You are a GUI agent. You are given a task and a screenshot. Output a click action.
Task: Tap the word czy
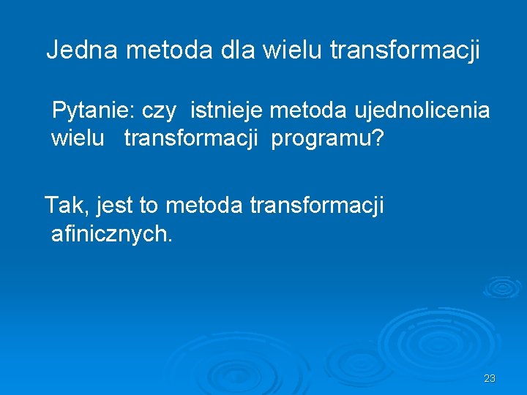pos(159,112)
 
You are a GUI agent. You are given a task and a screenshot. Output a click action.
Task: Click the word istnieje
pos(227,111)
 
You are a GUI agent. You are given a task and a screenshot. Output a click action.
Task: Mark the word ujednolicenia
pos(422,111)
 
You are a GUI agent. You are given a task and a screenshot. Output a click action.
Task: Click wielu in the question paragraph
pos(77,138)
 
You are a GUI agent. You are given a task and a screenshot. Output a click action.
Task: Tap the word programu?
pos(327,139)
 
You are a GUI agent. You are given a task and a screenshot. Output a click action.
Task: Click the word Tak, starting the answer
pos(67,206)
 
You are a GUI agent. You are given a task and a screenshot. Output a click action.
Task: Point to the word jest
pos(116,206)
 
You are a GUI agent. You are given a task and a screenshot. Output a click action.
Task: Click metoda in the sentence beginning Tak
pos(204,206)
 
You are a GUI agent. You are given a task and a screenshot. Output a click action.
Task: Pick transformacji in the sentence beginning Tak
pos(316,206)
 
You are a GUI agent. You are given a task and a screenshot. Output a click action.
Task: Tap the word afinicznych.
pos(112,234)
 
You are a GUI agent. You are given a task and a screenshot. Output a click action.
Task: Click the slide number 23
pos(490,378)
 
